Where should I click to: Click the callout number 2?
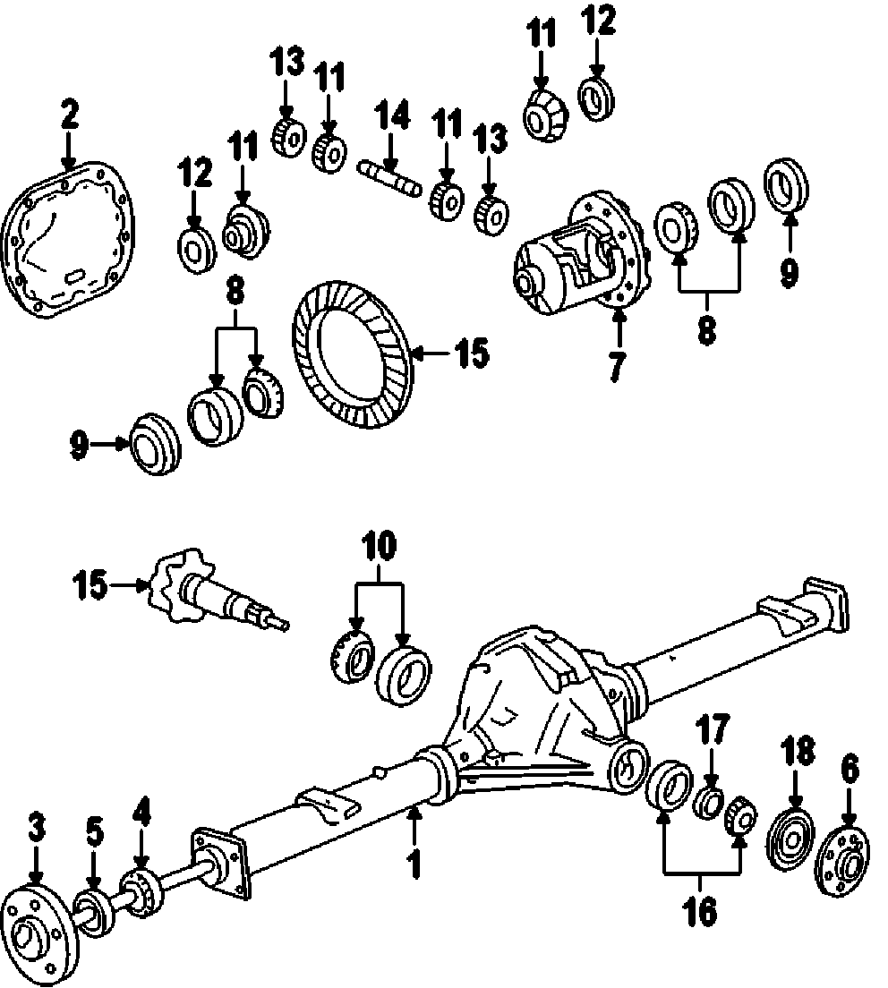click(x=69, y=115)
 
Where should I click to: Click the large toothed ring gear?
click(x=351, y=356)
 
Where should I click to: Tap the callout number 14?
click(x=391, y=117)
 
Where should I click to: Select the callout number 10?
click(x=379, y=544)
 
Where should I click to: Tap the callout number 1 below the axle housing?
click(x=414, y=865)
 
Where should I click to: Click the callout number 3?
click(x=35, y=829)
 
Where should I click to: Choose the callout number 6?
click(x=849, y=768)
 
